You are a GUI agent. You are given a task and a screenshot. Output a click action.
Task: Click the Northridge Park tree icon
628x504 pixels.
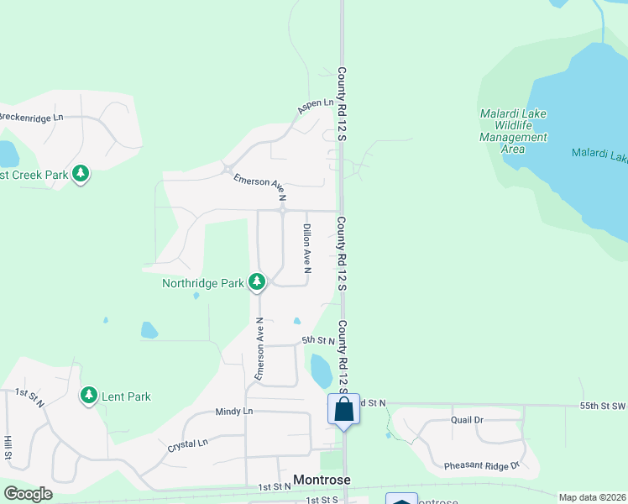tap(257, 281)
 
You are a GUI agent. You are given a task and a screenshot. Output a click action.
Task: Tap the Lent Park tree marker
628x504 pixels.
tap(88, 395)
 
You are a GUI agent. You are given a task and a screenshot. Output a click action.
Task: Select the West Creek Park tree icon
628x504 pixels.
tap(80, 174)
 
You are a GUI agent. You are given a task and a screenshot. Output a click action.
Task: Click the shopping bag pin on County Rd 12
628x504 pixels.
tap(343, 410)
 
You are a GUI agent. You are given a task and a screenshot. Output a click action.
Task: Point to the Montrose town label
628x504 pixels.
tap(322, 480)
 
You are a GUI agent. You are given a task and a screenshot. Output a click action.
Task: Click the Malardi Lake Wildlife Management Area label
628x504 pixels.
tap(513, 131)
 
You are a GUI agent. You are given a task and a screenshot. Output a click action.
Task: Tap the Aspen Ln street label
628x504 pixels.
tap(315, 107)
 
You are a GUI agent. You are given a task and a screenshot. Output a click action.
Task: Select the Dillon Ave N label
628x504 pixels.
tap(307, 249)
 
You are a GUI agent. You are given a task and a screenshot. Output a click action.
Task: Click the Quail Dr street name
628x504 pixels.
tap(467, 420)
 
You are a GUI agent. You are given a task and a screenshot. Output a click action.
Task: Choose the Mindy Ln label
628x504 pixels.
tap(233, 412)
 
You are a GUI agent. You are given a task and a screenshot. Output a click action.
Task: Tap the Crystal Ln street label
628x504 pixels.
tap(187, 444)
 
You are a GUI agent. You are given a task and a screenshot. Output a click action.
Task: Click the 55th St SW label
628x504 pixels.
tap(603, 406)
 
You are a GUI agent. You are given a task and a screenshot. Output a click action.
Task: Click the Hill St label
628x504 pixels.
tap(8, 448)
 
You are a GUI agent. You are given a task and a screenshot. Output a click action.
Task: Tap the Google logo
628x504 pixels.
tap(28, 494)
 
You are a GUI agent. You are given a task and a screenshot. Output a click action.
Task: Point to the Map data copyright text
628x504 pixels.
tap(591, 497)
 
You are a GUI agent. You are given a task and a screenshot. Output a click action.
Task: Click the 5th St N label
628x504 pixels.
tap(318, 341)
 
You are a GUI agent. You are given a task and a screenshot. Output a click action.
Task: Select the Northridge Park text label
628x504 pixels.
tap(202, 283)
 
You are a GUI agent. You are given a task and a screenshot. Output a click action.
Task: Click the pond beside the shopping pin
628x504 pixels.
tap(321, 371)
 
